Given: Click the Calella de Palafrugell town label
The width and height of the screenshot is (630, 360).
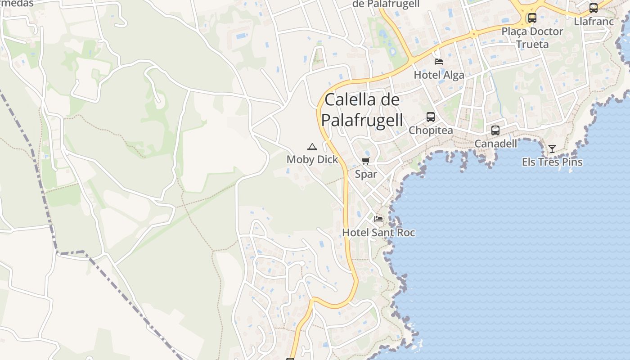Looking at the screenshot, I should coord(362,110).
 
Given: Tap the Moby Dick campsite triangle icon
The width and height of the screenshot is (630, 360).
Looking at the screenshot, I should coord(312,147).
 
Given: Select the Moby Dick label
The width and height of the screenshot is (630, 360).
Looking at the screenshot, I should coord(312,159).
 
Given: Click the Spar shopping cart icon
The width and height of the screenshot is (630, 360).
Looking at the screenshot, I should coord(365,161).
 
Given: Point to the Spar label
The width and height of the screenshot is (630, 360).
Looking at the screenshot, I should coord(366,174).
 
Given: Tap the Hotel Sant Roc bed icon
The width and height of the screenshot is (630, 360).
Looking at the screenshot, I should coord(378,219).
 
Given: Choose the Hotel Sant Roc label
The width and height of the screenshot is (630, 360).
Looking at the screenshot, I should coord(378,233).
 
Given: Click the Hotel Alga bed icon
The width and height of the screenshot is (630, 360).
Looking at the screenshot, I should coord(438,62).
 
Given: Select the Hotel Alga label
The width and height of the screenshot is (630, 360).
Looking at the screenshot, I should coord(439,75).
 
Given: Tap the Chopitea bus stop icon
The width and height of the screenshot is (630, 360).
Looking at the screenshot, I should coord(431,117).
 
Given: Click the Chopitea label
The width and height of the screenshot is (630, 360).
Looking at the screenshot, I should coord(431,130).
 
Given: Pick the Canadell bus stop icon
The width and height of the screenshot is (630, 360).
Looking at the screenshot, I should coord(495,130).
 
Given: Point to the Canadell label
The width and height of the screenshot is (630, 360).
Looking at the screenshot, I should coord(496,144).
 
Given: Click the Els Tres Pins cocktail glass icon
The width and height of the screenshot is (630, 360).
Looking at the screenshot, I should coord(552,149).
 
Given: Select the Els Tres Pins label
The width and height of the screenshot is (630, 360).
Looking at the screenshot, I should coord(552,162).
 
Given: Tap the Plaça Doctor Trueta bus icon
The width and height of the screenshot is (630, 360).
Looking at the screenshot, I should coord(532,18).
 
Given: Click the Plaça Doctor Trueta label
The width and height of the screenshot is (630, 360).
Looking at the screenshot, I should coord(532,38).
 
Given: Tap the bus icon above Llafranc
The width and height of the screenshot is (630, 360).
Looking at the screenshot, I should coord(594,8).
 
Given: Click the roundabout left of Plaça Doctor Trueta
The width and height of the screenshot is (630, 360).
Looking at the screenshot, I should coord(473,33).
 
